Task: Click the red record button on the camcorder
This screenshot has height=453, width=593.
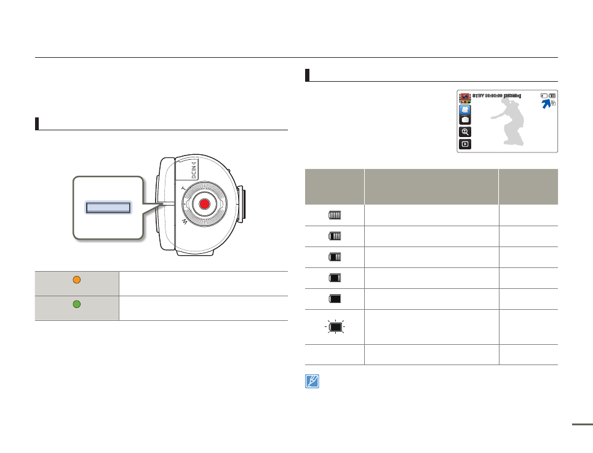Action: [x=205, y=204]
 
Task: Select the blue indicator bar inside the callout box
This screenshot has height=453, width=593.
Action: [x=108, y=207]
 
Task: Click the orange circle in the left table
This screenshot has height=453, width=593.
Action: [x=78, y=280]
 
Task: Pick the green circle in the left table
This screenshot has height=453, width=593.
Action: [x=78, y=304]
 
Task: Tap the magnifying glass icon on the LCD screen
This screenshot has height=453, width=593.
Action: [x=466, y=132]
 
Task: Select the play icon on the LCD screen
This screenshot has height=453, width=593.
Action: [x=466, y=144]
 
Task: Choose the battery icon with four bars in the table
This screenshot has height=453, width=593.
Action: [x=335, y=215]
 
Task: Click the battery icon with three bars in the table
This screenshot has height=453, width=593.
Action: [x=335, y=236]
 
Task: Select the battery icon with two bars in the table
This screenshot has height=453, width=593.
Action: [x=335, y=257]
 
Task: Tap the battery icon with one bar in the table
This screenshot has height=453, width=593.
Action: [x=335, y=278]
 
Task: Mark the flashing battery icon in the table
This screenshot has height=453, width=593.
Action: [x=335, y=327]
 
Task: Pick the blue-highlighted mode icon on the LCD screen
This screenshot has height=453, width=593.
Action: [x=466, y=109]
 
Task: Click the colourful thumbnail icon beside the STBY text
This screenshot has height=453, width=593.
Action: [x=466, y=97]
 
